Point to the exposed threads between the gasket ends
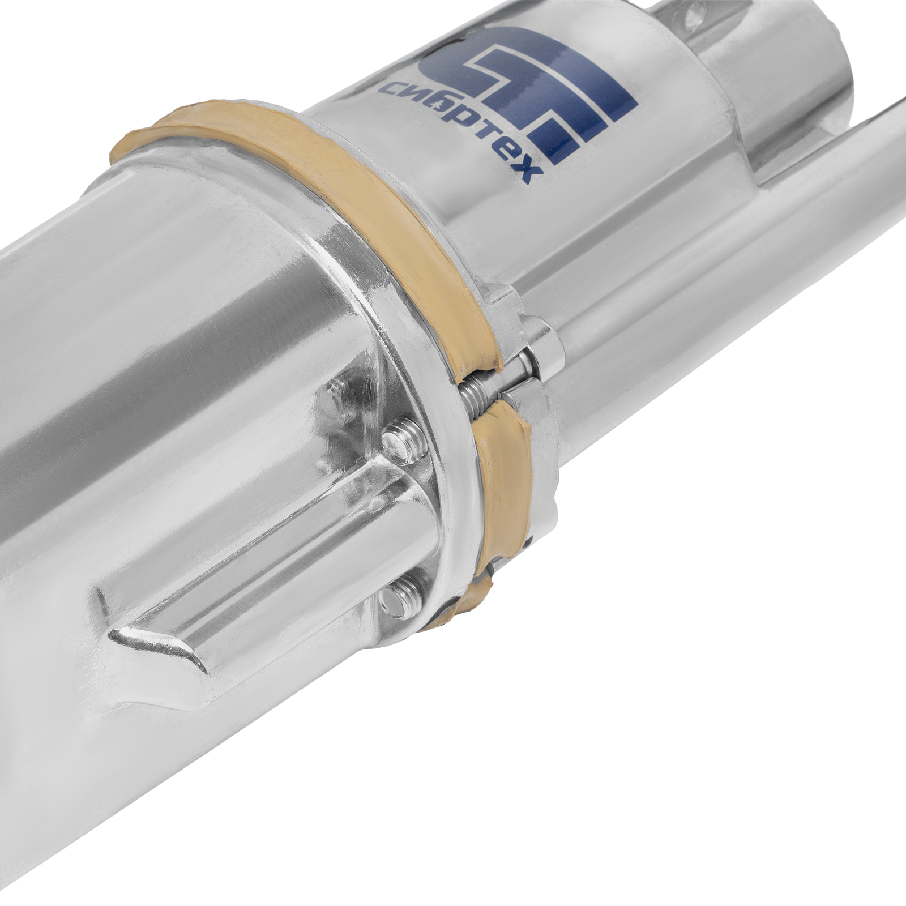476,390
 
